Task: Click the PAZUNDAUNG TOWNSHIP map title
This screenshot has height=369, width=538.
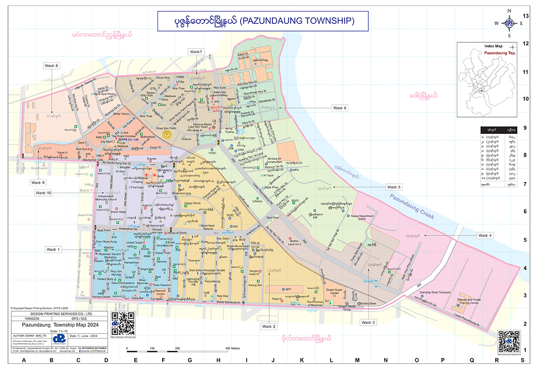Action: point(263,21)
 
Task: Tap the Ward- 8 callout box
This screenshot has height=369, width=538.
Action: point(51,65)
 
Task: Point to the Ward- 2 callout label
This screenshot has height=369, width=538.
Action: point(269,326)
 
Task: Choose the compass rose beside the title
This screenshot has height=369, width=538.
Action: point(509,23)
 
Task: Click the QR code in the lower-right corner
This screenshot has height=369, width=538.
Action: point(509,341)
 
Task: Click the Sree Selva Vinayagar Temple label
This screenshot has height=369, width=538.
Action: point(207,272)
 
